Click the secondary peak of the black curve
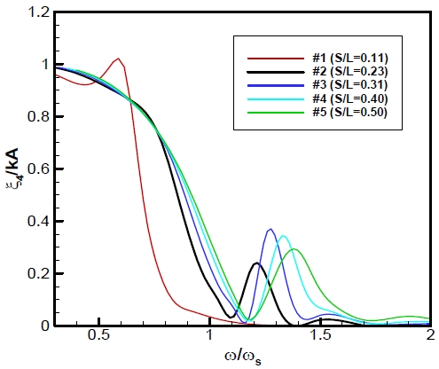[x=256, y=263]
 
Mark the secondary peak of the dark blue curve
[x=271, y=229]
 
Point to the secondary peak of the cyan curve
[x=283, y=236]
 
